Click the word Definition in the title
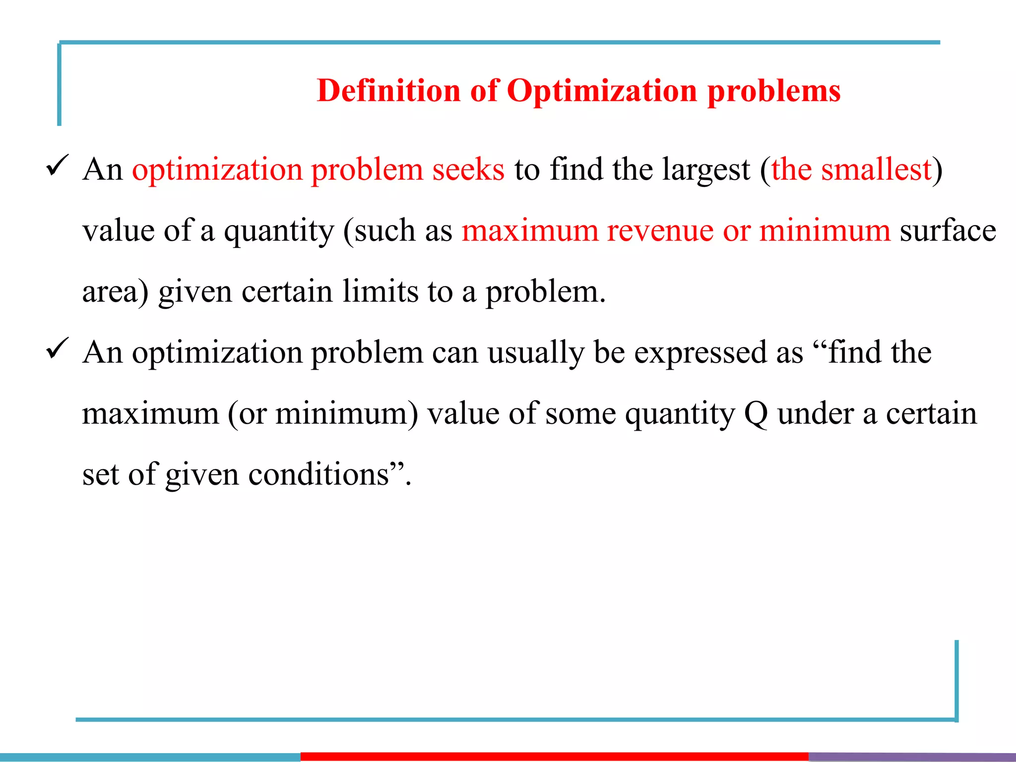pyautogui.click(x=388, y=91)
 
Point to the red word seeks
pyautogui.click(x=468, y=170)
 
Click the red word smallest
pyautogui.click(x=876, y=170)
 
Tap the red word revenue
pyautogui.click(x=660, y=231)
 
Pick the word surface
pyautogui.click(x=948, y=231)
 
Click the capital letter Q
pyautogui.click(x=756, y=414)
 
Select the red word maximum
pyautogui.click(x=530, y=231)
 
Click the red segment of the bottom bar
pyautogui.click(x=554, y=757)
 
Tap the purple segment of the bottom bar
pyautogui.click(x=912, y=757)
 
